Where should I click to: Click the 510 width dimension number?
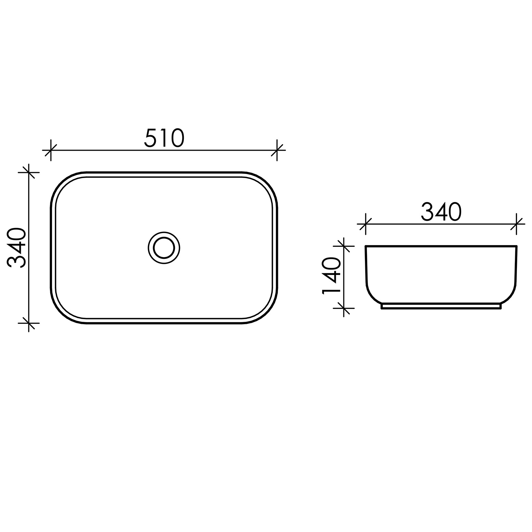pyautogui.click(x=164, y=138)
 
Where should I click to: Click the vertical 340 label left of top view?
pyautogui.click(x=16, y=248)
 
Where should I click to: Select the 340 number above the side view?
pyautogui.click(x=441, y=212)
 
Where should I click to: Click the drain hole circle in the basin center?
pyautogui.click(x=164, y=248)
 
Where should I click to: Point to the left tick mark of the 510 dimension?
pyautogui.click(x=51, y=150)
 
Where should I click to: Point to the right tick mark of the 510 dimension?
pyautogui.click(x=277, y=150)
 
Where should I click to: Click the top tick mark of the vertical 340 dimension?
pyautogui.click(x=29, y=173)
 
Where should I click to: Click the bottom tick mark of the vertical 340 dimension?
pyautogui.click(x=29, y=323)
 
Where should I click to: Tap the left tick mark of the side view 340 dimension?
pyautogui.click(x=366, y=224)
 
